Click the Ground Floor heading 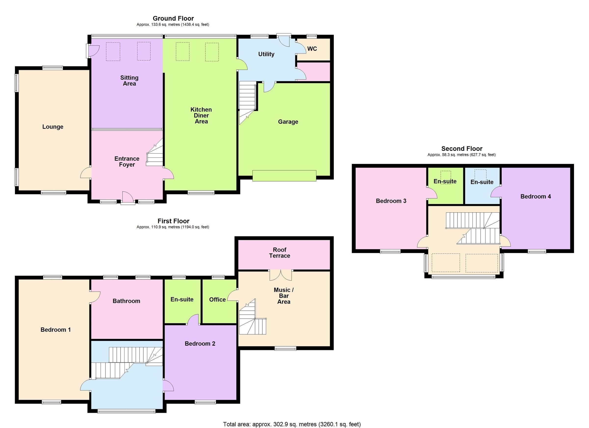pyautogui.click(x=173, y=18)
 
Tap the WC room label pyautogui.click(x=312, y=49)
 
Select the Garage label pyautogui.click(x=288, y=122)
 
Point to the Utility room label pyautogui.click(x=266, y=54)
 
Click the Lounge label pyautogui.click(x=53, y=127)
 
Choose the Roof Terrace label pyautogui.click(x=280, y=253)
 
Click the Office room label pyautogui.click(x=217, y=299)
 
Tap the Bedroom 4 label pyautogui.click(x=535, y=196)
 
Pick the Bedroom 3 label pyautogui.click(x=391, y=201)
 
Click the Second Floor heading pyautogui.click(x=462, y=149)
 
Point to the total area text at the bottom pyautogui.click(x=292, y=424)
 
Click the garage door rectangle pyautogui.click(x=284, y=176)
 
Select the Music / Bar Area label pyautogui.click(x=284, y=296)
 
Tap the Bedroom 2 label pyautogui.click(x=200, y=344)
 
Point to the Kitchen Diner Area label pyautogui.click(x=201, y=116)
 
